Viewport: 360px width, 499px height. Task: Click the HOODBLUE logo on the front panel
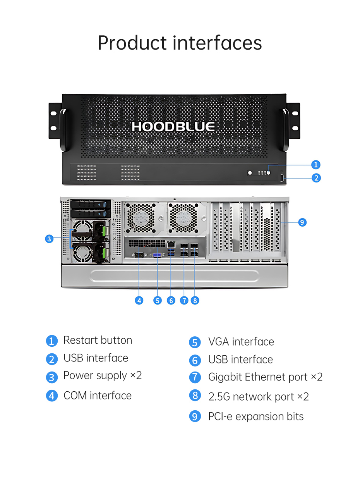coord(173,127)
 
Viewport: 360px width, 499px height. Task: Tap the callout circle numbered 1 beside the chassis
coord(316,165)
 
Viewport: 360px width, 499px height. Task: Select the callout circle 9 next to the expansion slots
coord(302,222)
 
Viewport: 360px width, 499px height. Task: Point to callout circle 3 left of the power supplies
coord(49,239)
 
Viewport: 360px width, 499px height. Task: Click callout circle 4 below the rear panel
coord(139,301)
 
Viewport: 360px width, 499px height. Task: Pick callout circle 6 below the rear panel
coord(171,301)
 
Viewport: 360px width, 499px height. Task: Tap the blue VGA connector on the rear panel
coord(157,255)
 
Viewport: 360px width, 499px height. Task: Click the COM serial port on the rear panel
coord(139,255)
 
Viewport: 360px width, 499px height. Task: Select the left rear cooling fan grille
coord(141,218)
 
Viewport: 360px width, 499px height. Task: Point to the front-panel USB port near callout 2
coord(282,178)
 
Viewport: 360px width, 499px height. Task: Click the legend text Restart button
coord(98,340)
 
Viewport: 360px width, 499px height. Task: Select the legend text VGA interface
coord(241,342)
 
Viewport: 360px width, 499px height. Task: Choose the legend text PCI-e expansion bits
coord(256,416)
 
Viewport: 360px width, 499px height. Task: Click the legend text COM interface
coord(98,396)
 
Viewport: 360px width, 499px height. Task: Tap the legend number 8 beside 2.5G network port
coord(195,396)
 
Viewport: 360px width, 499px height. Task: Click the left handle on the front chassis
coord(63,130)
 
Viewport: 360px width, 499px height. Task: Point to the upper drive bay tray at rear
coord(91,204)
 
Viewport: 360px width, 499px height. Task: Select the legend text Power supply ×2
coord(103,376)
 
